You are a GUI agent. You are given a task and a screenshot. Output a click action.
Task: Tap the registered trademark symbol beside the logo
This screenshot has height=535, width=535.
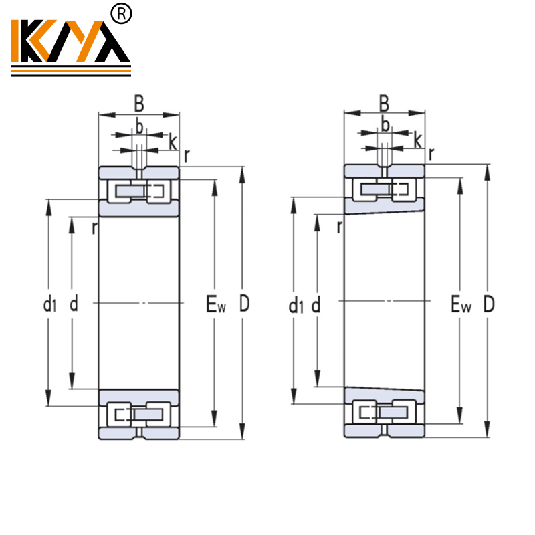(124, 13)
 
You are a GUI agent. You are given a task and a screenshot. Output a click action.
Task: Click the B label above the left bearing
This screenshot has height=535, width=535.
(139, 104)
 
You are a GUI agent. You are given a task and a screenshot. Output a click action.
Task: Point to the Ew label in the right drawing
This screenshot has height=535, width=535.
(460, 306)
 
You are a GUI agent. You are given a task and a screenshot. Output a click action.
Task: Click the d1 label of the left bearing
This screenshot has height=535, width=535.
(49, 306)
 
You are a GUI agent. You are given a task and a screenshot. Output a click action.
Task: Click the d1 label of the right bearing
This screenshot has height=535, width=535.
(295, 306)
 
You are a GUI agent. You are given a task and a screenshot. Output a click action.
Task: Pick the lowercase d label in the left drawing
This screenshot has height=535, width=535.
(74, 304)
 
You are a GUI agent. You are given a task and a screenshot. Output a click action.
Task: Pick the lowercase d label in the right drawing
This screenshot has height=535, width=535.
(316, 304)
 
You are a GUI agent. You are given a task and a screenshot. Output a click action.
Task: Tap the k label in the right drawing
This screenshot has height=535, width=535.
(417, 140)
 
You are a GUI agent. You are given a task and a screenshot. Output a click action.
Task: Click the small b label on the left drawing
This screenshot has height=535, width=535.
(139, 126)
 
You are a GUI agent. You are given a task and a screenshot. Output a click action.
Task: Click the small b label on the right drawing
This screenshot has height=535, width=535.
(385, 124)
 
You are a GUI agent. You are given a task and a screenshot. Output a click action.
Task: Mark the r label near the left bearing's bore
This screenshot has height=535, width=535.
(94, 228)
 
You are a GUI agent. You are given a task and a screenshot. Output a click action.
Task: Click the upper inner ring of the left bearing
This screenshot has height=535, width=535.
(138, 208)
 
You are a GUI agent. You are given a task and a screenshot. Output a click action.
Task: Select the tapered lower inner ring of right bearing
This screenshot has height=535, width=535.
(384, 395)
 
